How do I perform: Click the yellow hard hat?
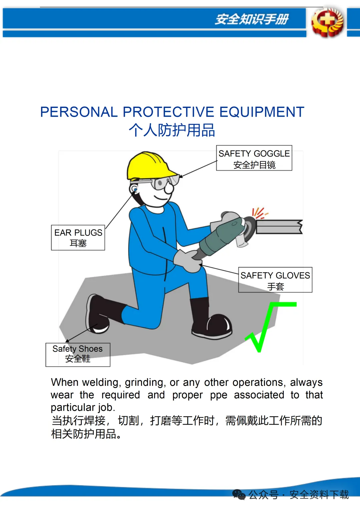(x=148, y=166)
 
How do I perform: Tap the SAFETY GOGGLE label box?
(x=254, y=158)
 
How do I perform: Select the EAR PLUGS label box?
(x=78, y=238)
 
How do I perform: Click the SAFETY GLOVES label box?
(x=275, y=280)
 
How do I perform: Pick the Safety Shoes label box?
(x=78, y=355)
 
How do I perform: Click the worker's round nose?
(x=169, y=188)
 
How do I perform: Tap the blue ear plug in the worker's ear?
(x=135, y=190)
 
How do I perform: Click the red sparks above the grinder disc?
(x=260, y=213)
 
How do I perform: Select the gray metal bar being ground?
(x=279, y=227)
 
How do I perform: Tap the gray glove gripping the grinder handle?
(x=188, y=261)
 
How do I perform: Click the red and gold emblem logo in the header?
(x=327, y=22)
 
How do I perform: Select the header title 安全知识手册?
(x=252, y=19)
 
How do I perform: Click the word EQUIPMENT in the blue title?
(x=262, y=112)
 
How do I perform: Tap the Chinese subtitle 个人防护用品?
(x=172, y=130)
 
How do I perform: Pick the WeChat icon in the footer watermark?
(x=239, y=495)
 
